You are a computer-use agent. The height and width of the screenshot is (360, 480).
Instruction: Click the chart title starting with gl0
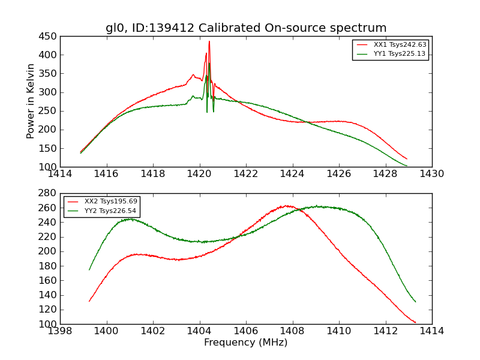pyautogui.click(x=246, y=28)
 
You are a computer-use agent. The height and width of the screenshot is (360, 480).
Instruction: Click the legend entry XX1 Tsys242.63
pyautogui.click(x=400, y=44)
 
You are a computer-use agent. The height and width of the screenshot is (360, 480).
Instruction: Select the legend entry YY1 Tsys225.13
pyautogui.click(x=400, y=53)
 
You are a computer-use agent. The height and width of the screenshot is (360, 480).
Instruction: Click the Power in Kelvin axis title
pyautogui.click(x=31, y=101)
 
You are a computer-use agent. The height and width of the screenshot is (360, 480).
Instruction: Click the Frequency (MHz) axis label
pyautogui.click(x=246, y=343)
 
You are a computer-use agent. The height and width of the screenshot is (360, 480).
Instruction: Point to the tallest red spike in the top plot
pyautogui.click(x=209, y=41)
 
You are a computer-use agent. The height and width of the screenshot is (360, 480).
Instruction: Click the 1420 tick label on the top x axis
pyautogui.click(x=200, y=174)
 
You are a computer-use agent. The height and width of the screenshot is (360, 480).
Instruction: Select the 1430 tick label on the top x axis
pyautogui.click(x=432, y=174)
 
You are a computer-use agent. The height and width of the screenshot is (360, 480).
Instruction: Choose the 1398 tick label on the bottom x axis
pyautogui.click(x=60, y=331)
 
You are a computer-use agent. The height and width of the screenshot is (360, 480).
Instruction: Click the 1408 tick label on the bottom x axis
pyautogui.click(x=293, y=331)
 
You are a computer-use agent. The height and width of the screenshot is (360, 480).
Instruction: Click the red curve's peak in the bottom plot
pyautogui.click(x=287, y=206)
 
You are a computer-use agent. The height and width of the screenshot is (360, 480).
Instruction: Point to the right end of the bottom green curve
pyautogui.click(x=415, y=302)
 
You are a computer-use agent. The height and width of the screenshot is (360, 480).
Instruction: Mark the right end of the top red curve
pyautogui.click(x=407, y=159)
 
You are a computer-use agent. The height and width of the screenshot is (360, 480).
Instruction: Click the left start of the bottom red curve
pyautogui.click(x=89, y=301)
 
